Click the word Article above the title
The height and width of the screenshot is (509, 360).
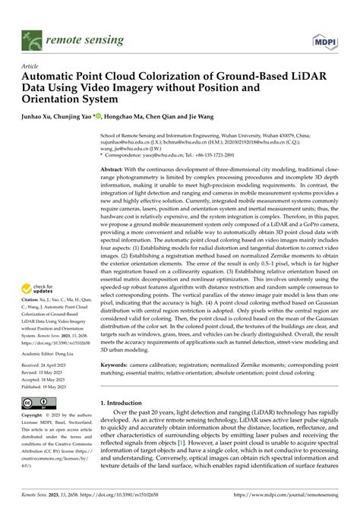[30, 66]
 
